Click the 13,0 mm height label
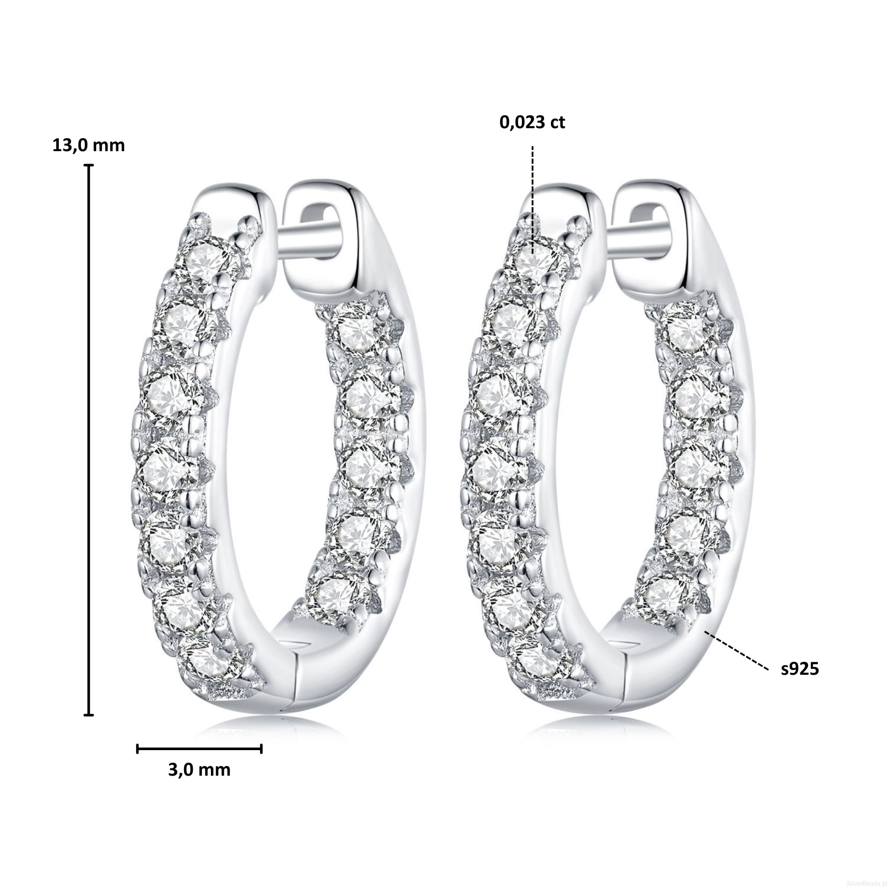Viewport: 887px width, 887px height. (x=89, y=146)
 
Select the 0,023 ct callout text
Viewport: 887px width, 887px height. (x=532, y=123)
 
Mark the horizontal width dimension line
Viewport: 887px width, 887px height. (x=199, y=749)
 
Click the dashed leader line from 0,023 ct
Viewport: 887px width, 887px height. (x=533, y=200)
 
